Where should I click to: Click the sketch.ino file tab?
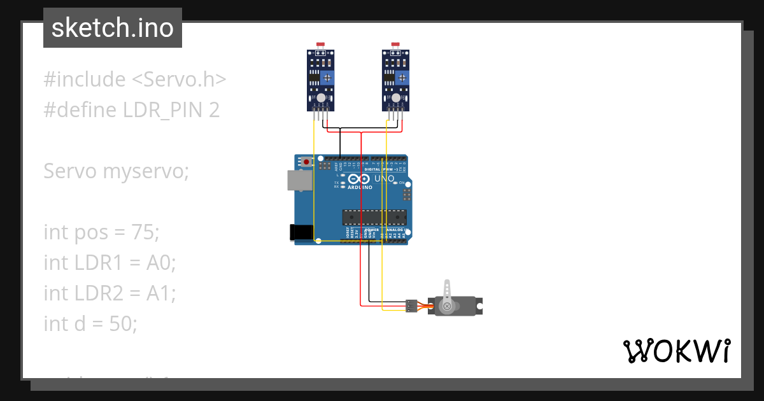click(113, 28)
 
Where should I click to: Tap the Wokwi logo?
click(676, 351)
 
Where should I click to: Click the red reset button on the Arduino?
click(306, 162)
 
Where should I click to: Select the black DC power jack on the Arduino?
click(301, 232)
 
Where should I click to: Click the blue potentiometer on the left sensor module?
click(327, 78)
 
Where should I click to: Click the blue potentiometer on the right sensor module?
click(402, 78)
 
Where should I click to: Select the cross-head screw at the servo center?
click(447, 306)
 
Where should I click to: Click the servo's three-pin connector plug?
click(411, 306)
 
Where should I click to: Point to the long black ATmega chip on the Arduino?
click(374, 218)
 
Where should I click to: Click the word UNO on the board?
click(384, 179)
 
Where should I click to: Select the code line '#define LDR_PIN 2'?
click(132, 110)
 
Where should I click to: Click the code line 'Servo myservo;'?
click(117, 171)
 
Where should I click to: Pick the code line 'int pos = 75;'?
click(101, 232)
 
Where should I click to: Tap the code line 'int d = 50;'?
click(90, 324)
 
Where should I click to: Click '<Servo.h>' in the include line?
click(179, 80)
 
